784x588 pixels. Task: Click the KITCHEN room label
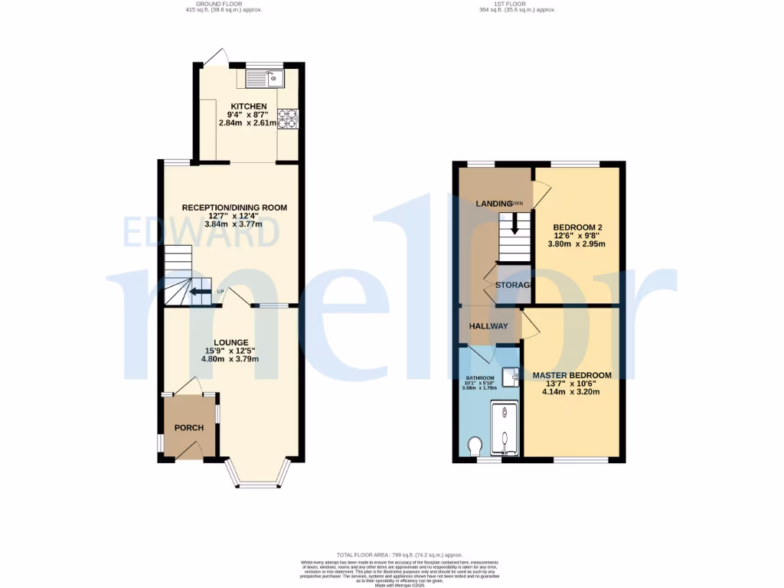(x=250, y=106)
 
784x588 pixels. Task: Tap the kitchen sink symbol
(x=265, y=77)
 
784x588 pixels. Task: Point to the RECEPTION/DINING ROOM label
(x=234, y=207)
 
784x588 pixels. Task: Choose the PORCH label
(x=188, y=427)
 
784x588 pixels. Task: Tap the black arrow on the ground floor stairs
(x=200, y=292)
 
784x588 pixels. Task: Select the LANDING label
(x=494, y=204)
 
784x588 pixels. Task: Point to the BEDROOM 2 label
(x=578, y=227)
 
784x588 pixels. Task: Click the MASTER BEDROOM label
(x=573, y=375)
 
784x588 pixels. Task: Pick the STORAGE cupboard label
(x=513, y=285)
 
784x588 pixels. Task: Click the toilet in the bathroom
(x=475, y=445)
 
